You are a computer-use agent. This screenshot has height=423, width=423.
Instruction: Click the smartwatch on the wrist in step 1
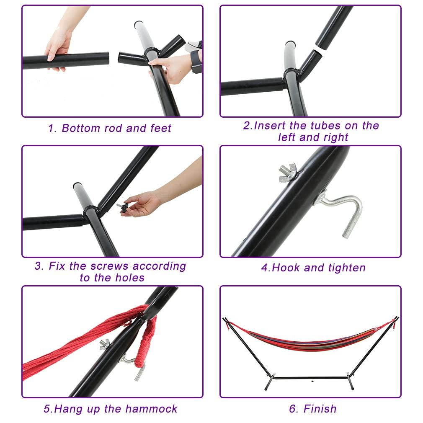196,61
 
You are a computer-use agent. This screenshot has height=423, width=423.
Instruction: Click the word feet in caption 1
161,128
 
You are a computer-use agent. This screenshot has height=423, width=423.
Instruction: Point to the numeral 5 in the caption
46,408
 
